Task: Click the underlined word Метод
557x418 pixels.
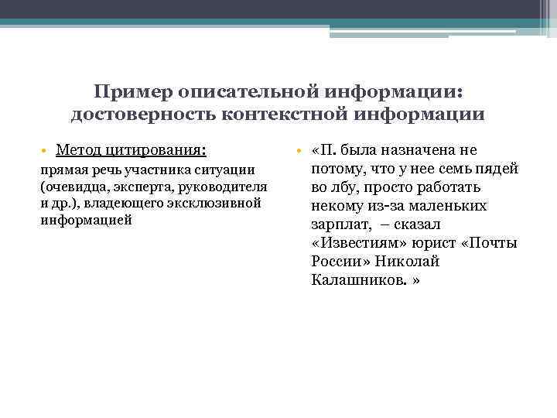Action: point(81,149)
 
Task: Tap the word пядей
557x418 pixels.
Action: point(496,168)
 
